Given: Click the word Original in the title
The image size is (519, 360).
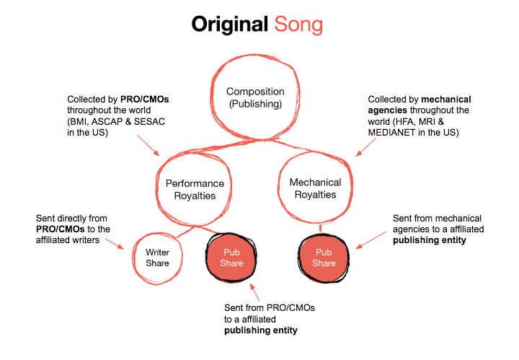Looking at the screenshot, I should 230,25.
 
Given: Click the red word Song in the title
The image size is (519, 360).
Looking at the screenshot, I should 298,25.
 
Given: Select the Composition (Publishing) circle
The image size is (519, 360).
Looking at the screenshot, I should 255,97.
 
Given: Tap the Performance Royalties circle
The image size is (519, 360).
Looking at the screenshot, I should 195,189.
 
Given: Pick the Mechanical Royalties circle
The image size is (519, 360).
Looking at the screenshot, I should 314,188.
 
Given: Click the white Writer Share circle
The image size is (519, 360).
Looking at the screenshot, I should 157,258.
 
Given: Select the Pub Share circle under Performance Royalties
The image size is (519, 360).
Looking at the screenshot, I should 232,258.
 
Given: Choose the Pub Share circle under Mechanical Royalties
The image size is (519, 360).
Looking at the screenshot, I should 324,258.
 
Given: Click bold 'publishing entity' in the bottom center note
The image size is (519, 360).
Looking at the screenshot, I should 260,330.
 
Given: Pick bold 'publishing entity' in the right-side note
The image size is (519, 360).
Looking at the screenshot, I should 430,240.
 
